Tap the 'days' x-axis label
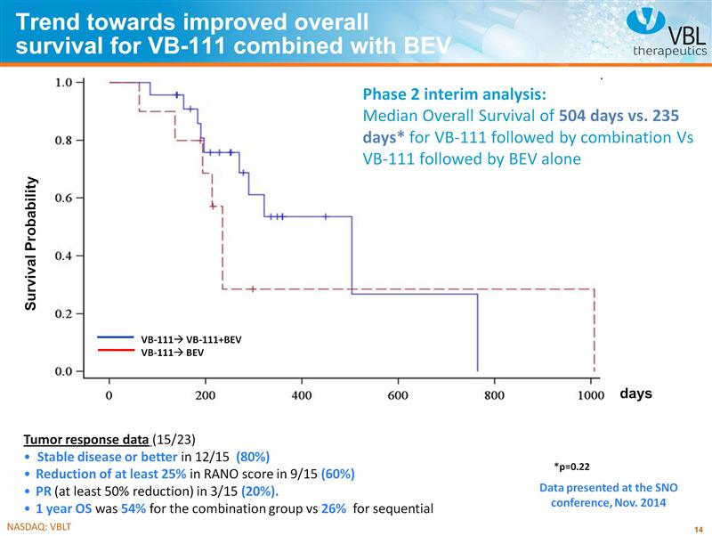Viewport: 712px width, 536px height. pyautogui.click(x=635, y=394)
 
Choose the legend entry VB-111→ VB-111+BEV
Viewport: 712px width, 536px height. pyautogui.click(x=190, y=339)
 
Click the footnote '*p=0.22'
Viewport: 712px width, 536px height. pyautogui.click(x=571, y=466)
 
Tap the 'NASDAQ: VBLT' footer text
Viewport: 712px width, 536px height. pyautogui.click(x=37, y=527)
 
